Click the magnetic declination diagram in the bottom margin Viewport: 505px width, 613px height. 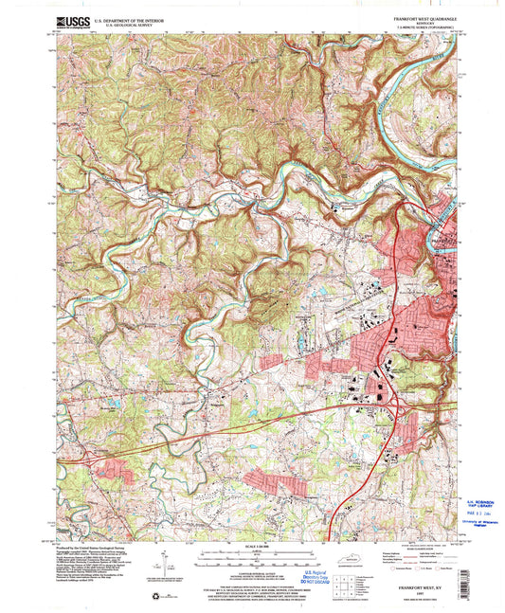[x=163, y=561]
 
